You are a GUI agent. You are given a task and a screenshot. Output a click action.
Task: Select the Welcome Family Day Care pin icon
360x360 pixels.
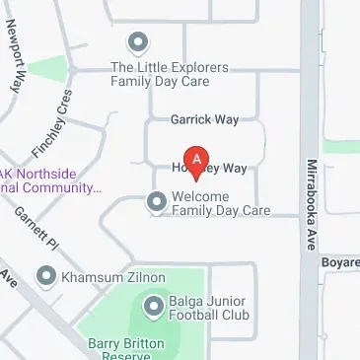pos(156,202)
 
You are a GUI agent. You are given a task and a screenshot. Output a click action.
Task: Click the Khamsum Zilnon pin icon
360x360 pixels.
pos(45,277)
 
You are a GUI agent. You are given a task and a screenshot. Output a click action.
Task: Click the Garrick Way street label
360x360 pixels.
pos(204,119)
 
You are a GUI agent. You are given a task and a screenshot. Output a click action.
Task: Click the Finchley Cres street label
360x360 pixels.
pos(53,125)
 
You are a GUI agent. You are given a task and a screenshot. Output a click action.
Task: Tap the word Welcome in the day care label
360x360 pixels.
pos(201,196)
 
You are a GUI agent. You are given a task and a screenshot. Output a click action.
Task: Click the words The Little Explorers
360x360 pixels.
pos(170,67)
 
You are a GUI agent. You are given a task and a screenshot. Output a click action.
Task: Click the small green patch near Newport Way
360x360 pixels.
pos(54,70)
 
